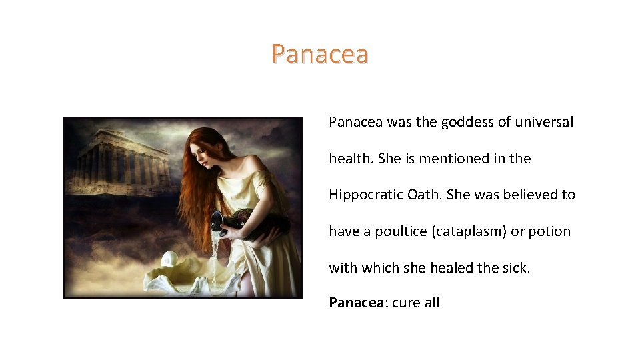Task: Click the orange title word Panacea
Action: click(320, 54)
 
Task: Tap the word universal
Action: click(544, 123)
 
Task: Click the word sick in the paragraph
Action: click(516, 267)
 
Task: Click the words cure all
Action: click(416, 303)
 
